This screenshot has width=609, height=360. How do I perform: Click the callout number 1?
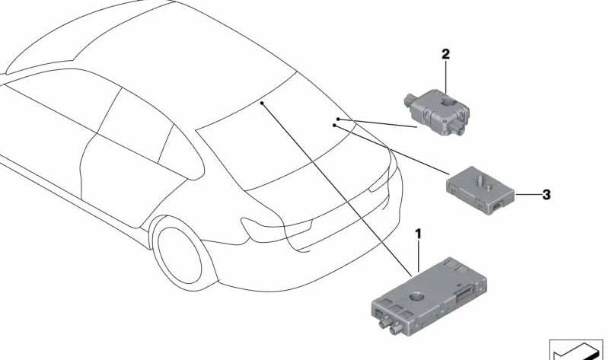tap(417, 231)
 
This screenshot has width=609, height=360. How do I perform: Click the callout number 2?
tap(445, 54)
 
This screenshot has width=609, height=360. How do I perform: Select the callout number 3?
tap(546, 195)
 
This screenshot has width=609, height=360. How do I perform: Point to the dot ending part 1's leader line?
tap(260, 101)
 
